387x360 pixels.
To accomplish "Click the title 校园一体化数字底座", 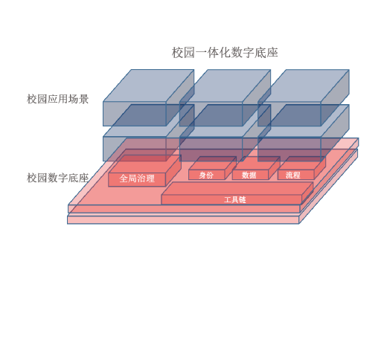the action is coord(225,53).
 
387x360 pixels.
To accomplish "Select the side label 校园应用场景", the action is coord(57,99).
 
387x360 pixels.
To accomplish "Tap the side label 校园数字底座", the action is coord(57,178).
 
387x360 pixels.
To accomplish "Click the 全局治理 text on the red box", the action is coord(137,179).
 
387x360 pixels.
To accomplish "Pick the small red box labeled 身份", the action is coord(212,168).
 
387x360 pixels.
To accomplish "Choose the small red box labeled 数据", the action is coord(256,168).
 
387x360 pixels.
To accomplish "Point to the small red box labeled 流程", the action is coord(301,168).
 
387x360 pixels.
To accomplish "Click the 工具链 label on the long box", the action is coord(235,200).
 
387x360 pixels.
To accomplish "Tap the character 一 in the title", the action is coord(201,53).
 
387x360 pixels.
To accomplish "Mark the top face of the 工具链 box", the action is coord(237,188).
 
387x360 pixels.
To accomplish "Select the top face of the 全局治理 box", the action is coord(145,164).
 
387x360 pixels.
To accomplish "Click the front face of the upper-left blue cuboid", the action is coord(135,114).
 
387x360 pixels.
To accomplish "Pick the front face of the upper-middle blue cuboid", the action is coord(211,114).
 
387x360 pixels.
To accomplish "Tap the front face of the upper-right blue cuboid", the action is coord(290,114).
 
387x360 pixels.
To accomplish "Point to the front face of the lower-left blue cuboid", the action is coord(135,149).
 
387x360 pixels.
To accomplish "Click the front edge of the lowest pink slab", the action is coord(183,220).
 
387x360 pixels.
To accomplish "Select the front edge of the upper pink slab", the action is coord(184,209).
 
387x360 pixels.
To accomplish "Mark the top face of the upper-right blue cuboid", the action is coord(304,86).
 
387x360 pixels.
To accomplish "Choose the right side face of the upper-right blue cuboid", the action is coord(335,97).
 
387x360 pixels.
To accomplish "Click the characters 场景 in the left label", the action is coord(78,99).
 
